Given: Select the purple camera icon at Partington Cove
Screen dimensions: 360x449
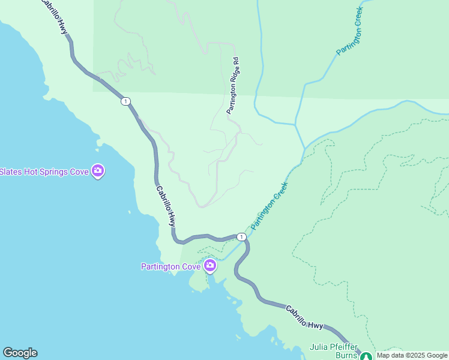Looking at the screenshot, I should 210,265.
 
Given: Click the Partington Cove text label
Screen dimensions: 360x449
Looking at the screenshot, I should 170,266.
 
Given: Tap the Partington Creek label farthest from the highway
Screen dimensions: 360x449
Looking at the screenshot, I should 350,31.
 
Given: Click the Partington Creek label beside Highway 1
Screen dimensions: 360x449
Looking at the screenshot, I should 270,206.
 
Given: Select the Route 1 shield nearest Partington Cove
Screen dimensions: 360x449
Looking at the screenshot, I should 241,237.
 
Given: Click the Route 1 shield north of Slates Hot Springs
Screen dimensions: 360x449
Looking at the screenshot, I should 125,101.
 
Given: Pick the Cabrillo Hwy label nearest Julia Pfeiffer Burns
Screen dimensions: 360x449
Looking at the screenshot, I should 304,318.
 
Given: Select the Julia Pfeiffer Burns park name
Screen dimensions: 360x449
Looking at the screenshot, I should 334,351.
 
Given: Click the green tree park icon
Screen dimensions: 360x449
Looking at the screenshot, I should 366,356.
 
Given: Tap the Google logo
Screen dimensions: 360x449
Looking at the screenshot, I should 20,353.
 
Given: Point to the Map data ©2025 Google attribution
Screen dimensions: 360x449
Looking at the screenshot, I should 412,355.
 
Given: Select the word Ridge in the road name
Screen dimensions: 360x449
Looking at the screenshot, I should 233,77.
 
